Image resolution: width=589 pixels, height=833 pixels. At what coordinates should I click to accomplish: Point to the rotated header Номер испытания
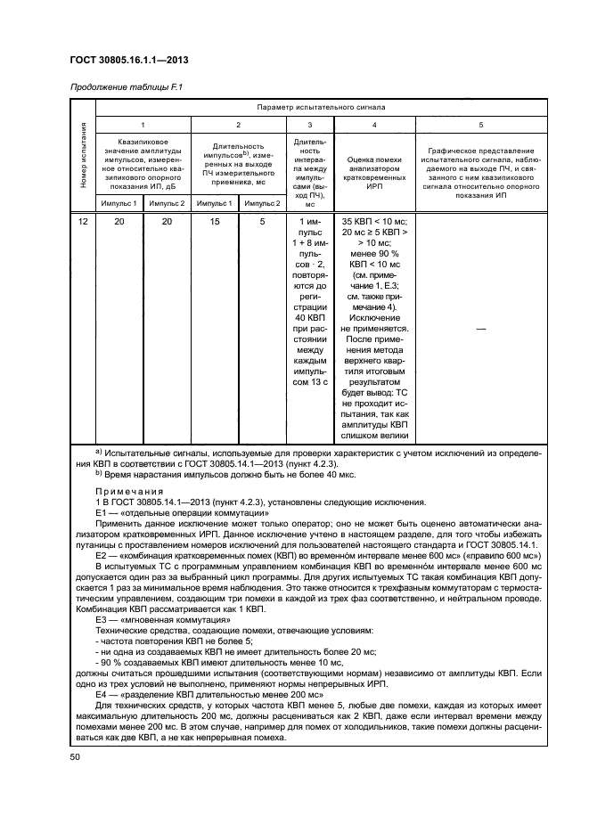coord(84,157)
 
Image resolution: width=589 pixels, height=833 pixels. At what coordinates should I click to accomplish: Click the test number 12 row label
coord(83,221)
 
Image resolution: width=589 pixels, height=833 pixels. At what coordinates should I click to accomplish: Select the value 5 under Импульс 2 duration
coord(262,221)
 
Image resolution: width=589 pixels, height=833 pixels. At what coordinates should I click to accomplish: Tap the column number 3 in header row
coord(308,126)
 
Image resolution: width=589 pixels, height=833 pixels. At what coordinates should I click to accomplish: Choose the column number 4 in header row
coord(373,126)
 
